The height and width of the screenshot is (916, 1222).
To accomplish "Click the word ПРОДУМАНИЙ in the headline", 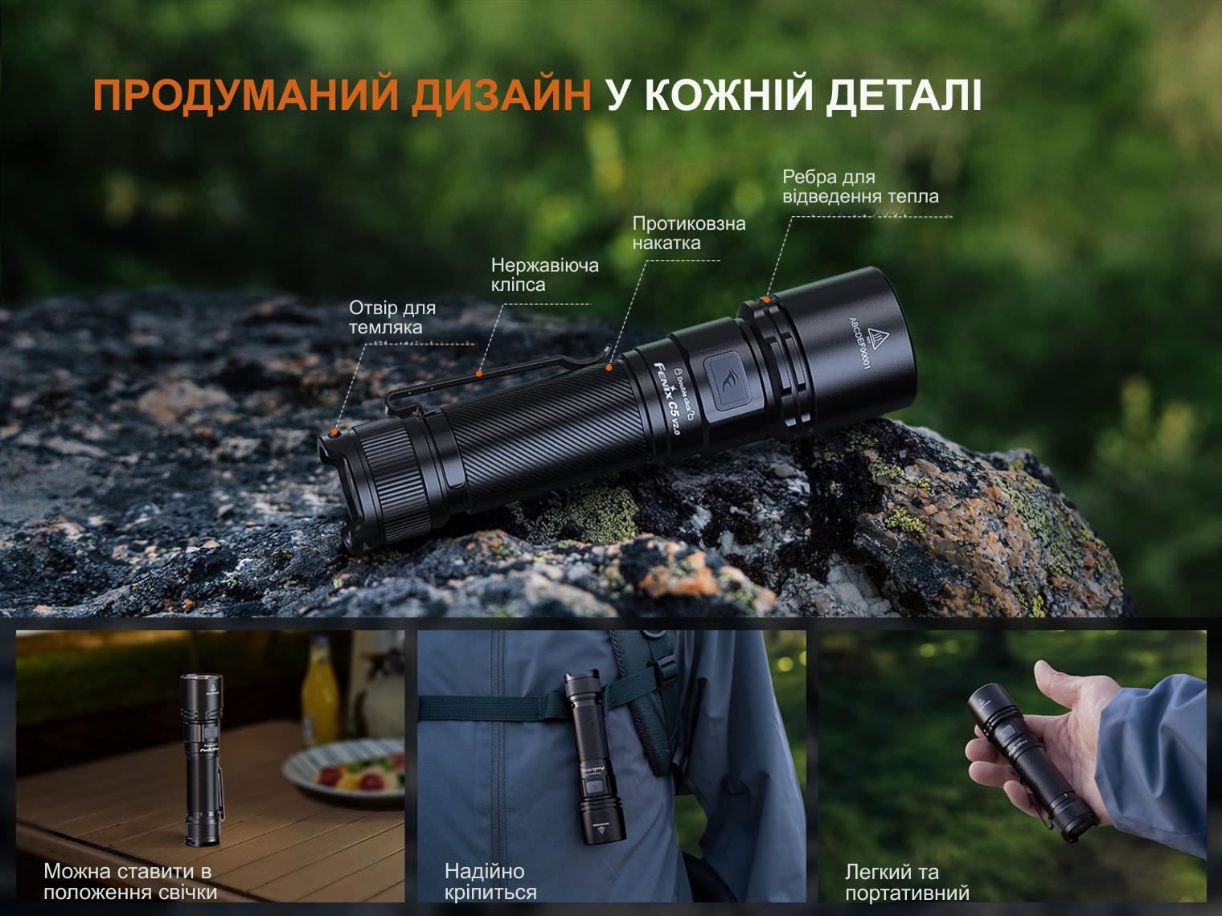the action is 245,96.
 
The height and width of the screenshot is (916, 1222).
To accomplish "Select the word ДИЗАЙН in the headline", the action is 502,95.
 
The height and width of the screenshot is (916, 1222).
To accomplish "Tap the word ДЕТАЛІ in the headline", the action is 904,96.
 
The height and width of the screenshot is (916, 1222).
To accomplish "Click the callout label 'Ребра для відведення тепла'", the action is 860,186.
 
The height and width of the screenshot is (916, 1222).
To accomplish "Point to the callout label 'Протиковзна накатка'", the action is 689,233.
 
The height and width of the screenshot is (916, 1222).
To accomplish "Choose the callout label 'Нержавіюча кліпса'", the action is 544,275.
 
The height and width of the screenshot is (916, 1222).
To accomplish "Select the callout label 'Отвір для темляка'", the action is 392,317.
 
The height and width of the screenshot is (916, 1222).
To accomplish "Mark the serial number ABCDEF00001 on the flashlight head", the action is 859,343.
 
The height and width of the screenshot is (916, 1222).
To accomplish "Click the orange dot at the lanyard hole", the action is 334,432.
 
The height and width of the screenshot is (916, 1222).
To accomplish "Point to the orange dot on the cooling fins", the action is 767,300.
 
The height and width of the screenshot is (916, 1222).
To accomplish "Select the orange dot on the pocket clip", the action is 479,374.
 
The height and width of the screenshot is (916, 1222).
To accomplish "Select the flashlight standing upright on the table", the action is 202,760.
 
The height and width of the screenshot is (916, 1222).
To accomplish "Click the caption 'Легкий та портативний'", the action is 907,882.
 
